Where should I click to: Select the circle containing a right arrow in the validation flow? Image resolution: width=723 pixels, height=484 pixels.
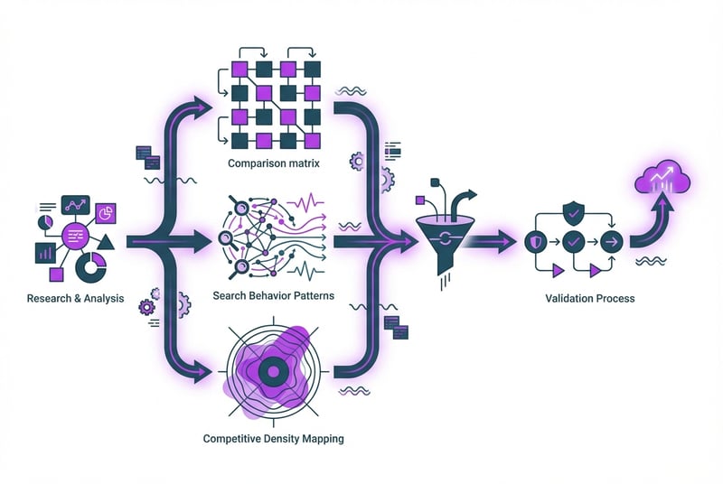612,241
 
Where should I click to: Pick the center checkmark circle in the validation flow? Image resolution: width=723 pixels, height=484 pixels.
572,241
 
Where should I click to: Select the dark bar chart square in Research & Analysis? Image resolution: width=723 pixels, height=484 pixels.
44,253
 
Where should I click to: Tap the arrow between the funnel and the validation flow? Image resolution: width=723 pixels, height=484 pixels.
493,241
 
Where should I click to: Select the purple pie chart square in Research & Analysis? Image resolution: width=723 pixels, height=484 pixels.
104,213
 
